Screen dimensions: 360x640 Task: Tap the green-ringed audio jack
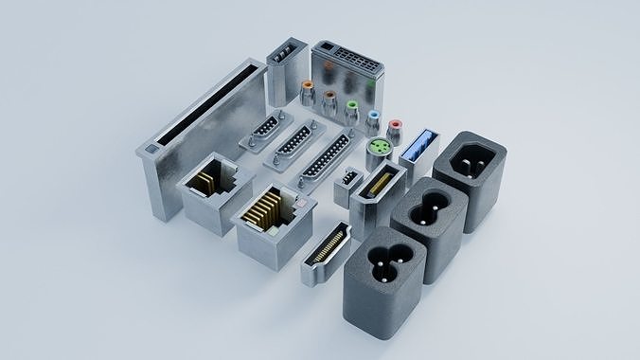tap(352, 107)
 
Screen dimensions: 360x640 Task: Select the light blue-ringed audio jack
tap(375, 117)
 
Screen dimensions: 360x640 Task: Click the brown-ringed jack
tap(329, 98)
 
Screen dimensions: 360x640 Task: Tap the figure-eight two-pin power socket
tap(431, 206)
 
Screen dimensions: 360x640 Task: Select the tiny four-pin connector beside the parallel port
tap(348, 177)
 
